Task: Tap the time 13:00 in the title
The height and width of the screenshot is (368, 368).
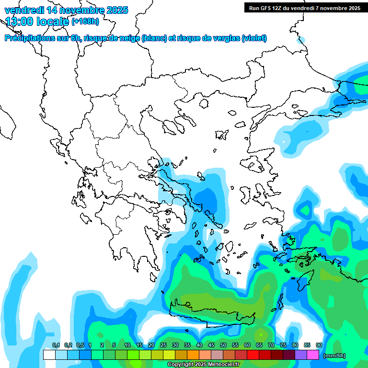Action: [x=21, y=21]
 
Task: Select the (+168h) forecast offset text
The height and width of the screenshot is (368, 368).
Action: [x=85, y=22]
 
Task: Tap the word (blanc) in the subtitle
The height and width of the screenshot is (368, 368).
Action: [x=154, y=38]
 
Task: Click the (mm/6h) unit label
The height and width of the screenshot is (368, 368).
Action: [x=334, y=356]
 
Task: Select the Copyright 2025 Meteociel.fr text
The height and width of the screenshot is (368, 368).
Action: [x=203, y=365]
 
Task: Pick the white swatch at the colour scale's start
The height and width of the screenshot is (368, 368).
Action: [x=49, y=355]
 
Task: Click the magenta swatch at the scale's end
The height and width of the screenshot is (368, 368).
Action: [x=313, y=355]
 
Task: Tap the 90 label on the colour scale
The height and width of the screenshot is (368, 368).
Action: [x=319, y=345]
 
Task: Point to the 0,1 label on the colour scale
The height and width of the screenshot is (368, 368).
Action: [x=56, y=345]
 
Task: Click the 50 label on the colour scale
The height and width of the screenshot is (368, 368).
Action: [x=223, y=345]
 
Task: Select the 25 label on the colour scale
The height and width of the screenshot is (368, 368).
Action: [x=163, y=345]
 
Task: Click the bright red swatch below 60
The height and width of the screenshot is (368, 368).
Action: [x=253, y=355]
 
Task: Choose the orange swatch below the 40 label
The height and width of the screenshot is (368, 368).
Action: [x=193, y=355]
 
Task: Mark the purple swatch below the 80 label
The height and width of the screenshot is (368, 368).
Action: [x=301, y=355]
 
